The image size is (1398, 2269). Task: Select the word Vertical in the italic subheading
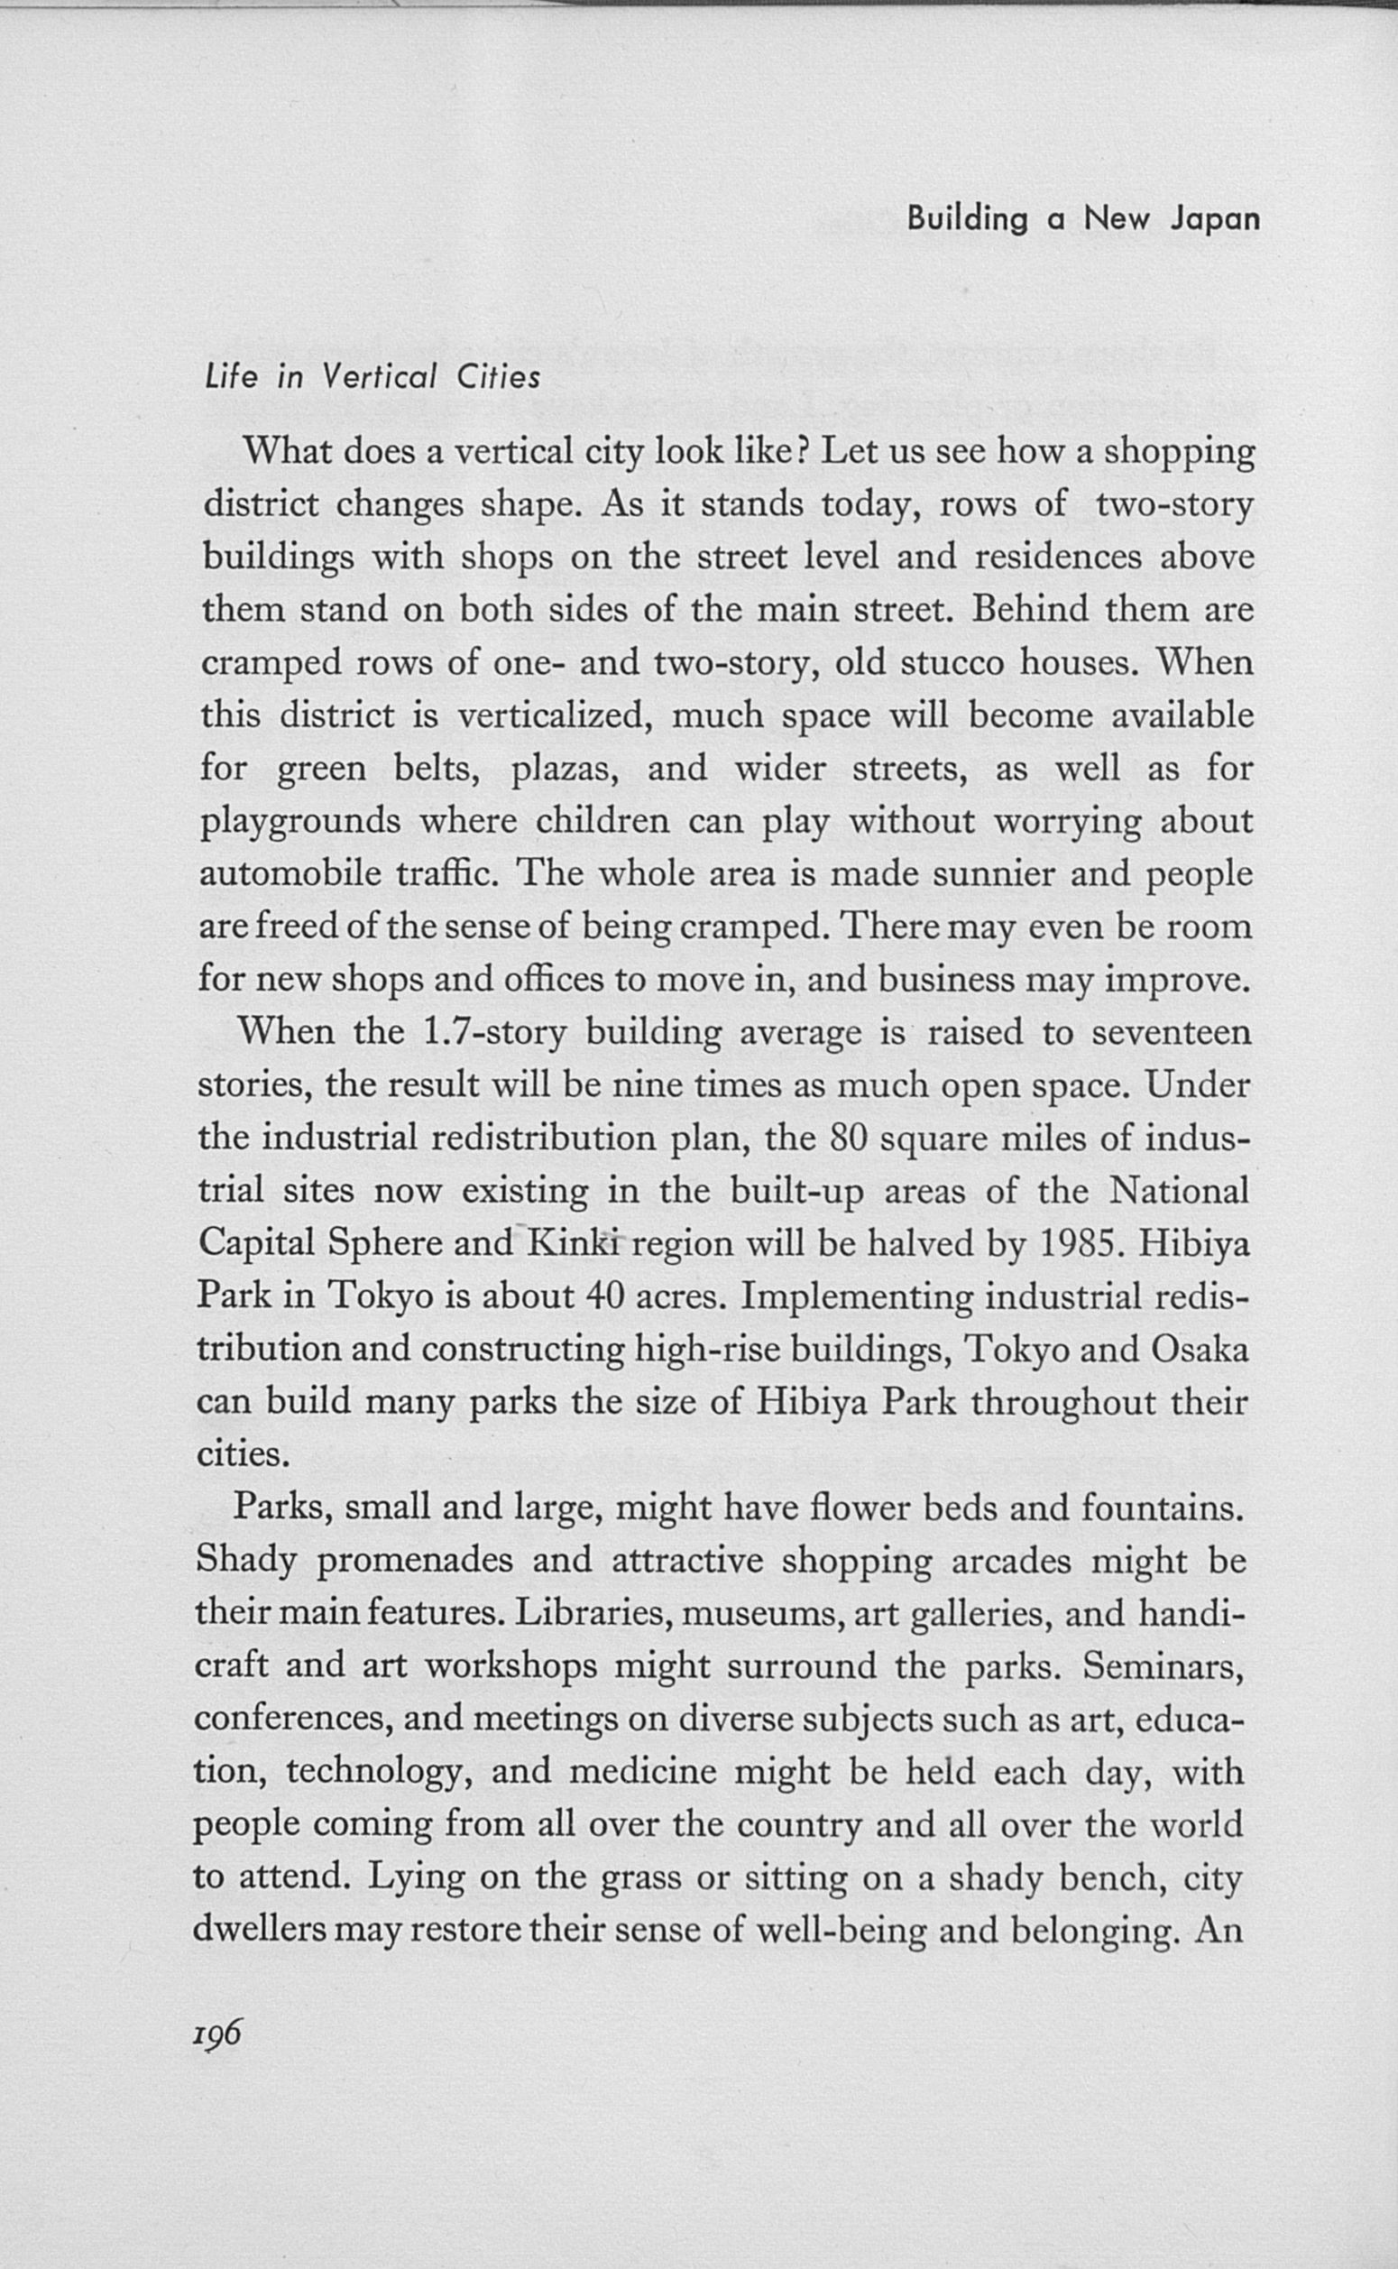click(378, 377)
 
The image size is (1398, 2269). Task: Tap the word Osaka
click(1200, 1349)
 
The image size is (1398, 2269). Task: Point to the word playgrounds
click(300, 822)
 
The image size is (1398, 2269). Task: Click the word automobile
click(290, 873)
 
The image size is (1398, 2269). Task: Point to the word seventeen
click(1172, 1032)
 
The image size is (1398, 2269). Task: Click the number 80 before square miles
click(847, 1139)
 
